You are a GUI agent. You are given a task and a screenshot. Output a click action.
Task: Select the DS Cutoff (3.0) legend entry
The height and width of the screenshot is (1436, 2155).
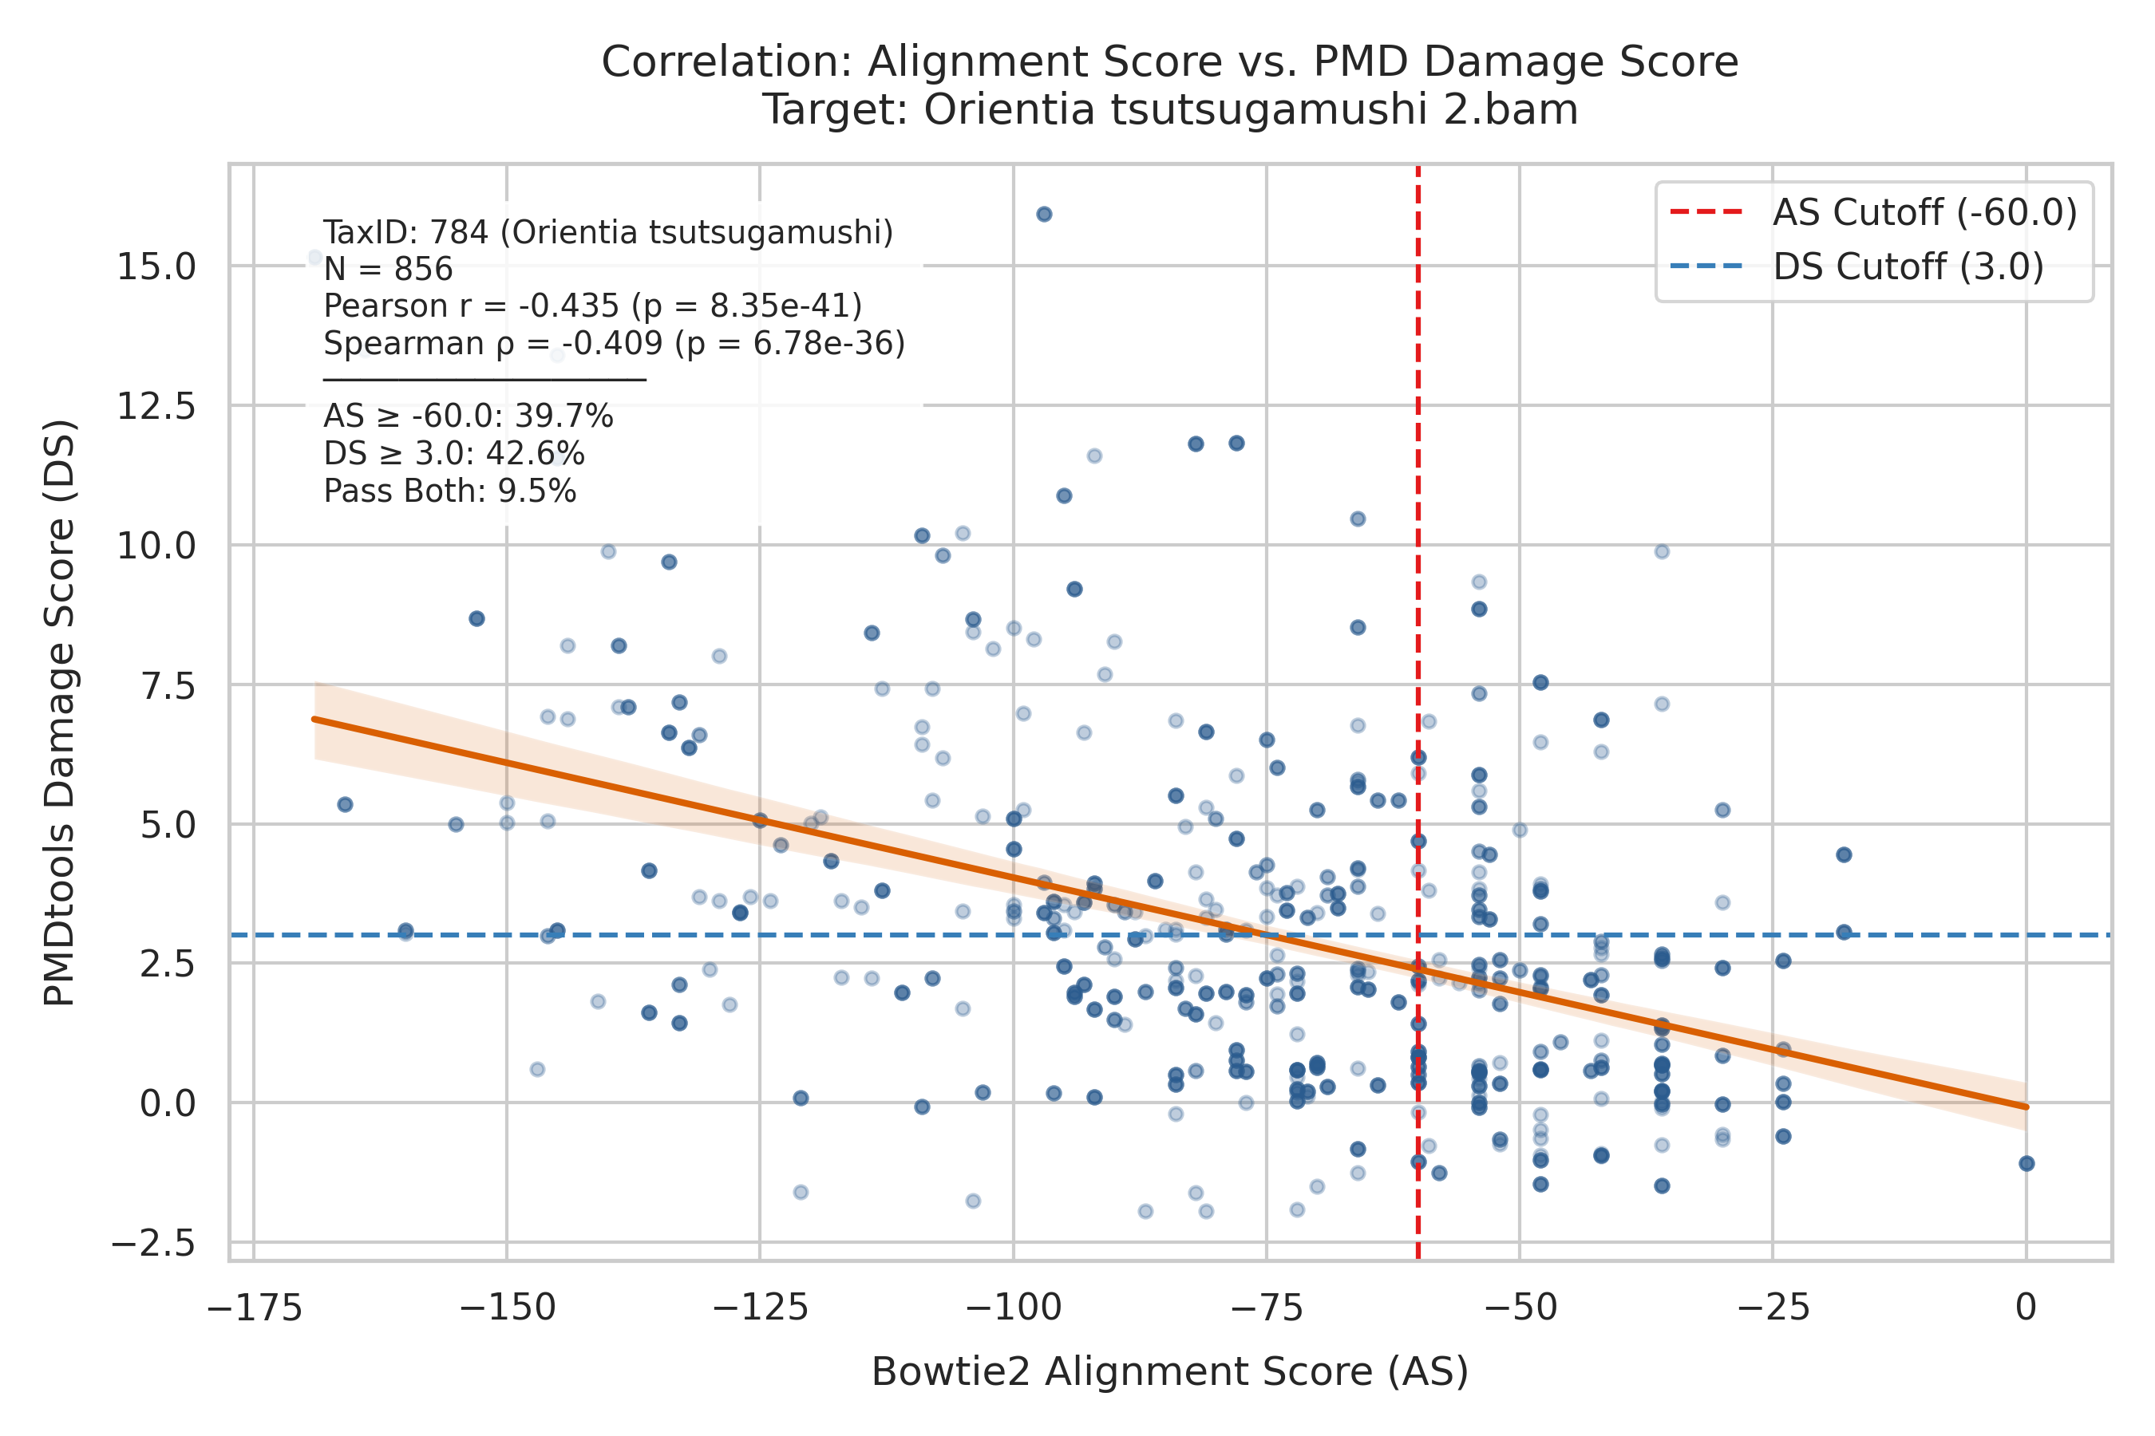[x=1856, y=266]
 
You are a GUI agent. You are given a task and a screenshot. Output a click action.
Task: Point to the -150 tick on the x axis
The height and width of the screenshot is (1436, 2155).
[x=507, y=1308]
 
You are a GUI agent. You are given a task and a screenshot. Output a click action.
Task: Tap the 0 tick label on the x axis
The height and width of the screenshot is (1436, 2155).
[x=2026, y=1308]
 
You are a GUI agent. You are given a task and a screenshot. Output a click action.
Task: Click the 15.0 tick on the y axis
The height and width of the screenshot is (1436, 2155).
[x=156, y=267]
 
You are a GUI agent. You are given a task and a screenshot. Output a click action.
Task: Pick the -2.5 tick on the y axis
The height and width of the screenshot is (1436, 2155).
[x=153, y=1244]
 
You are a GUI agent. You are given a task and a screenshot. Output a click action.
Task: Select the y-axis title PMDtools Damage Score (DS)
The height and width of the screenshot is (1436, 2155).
[x=60, y=713]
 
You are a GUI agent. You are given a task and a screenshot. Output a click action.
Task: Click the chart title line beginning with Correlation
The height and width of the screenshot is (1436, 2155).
[x=1170, y=62]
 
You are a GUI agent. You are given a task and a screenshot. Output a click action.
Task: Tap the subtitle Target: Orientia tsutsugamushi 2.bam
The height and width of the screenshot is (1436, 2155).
[x=1170, y=110]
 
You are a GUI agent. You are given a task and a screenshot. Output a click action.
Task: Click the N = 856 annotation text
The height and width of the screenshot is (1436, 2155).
[x=389, y=270]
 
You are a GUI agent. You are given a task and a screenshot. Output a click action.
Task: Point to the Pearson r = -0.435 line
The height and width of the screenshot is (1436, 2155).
[x=593, y=306]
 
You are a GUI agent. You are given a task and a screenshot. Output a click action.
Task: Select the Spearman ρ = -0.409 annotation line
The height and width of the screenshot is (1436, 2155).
[x=615, y=343]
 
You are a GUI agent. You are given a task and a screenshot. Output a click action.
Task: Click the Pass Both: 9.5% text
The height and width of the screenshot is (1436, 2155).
[x=450, y=491]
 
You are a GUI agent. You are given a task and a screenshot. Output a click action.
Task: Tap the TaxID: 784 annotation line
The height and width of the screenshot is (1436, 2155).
[x=608, y=233]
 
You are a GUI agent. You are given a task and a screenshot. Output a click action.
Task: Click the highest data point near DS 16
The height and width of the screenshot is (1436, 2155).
[x=1044, y=215]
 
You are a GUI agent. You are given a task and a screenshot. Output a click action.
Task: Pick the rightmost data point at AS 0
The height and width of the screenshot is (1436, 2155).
[x=2026, y=1164]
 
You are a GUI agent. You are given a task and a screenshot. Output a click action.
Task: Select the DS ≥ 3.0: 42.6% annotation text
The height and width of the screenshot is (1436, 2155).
[x=453, y=454]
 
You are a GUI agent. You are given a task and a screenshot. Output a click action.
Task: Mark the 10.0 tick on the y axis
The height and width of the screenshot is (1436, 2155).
[x=156, y=546]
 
